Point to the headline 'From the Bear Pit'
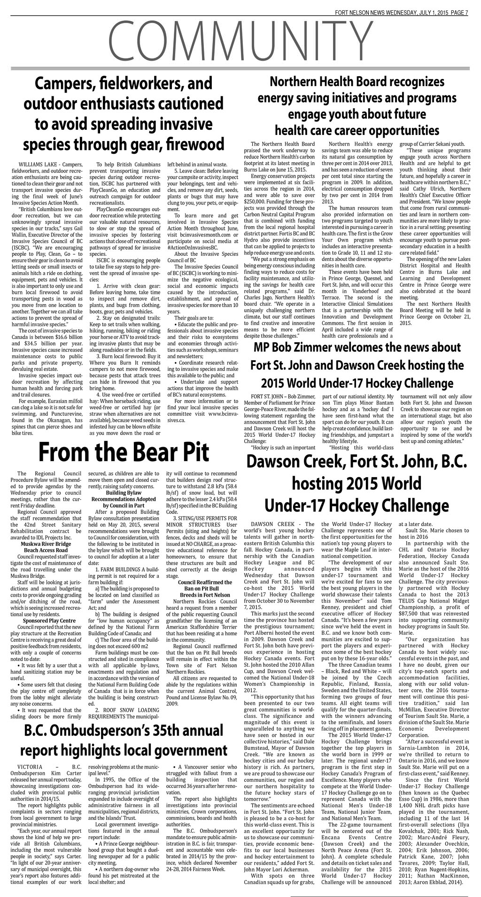pyautogui.click(x=123, y=452)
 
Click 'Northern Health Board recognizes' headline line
pyautogui.click(x=357, y=82)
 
